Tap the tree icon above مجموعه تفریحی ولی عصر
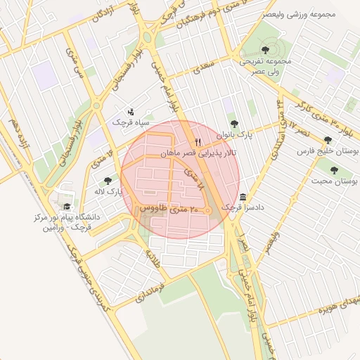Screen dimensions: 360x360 [x=265, y=49]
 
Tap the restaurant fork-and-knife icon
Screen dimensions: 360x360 [x=198, y=142]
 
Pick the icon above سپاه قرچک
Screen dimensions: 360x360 [x=131, y=110]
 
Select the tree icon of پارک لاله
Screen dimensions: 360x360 [x=108, y=181]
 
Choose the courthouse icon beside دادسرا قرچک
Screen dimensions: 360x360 [x=243, y=196]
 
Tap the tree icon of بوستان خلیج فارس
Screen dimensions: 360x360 [x=328, y=140]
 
